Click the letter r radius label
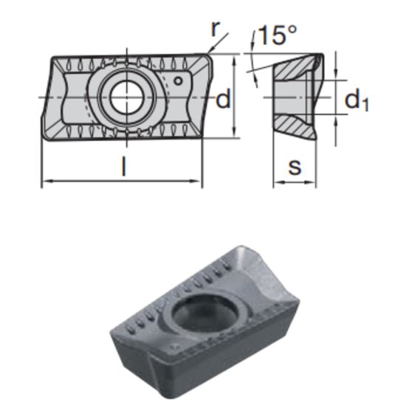pyautogui.click(x=215, y=29)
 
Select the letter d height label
pyautogui.click(x=223, y=100)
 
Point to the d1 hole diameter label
pyautogui.click(x=357, y=100)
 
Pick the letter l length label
pyautogui.click(x=123, y=167)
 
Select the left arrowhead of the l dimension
pyautogui.click(x=45, y=180)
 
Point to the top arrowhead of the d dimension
pyautogui.click(x=234, y=57)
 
